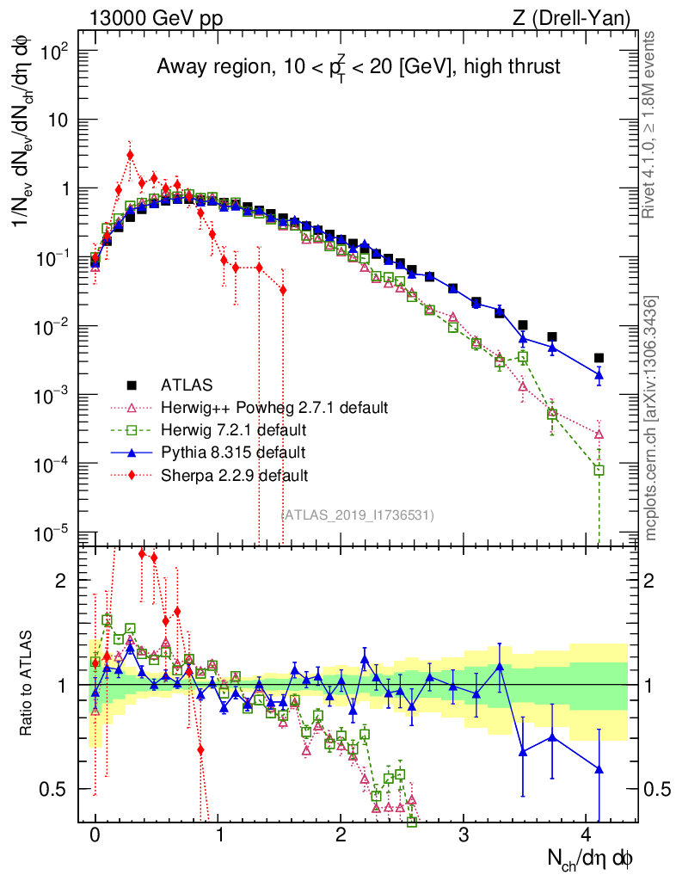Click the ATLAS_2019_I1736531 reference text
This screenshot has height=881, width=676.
357,514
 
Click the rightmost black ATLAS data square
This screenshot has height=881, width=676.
599,358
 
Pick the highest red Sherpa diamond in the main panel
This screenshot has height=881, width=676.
130,156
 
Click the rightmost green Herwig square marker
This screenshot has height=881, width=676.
599,470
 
